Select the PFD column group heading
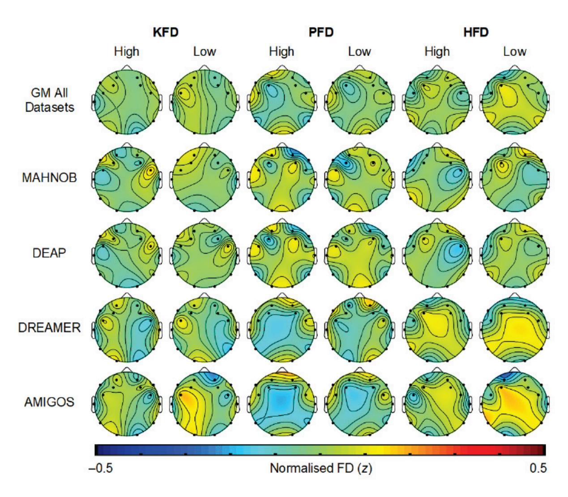[x=321, y=32]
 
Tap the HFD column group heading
[x=476, y=32]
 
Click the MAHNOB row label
[x=49, y=178]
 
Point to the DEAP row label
[x=49, y=253]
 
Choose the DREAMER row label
[x=49, y=328]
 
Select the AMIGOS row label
[x=49, y=402]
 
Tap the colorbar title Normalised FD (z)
[x=321, y=469]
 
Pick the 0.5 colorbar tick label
[x=539, y=469]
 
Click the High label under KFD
[x=127, y=52]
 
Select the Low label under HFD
[x=515, y=52]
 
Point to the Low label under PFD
[x=359, y=52]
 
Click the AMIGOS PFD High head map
[x=282, y=403]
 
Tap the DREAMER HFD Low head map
[x=515, y=328]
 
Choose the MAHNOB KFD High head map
[x=127, y=179]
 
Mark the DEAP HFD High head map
[x=437, y=254]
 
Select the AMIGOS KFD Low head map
[x=204, y=403]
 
